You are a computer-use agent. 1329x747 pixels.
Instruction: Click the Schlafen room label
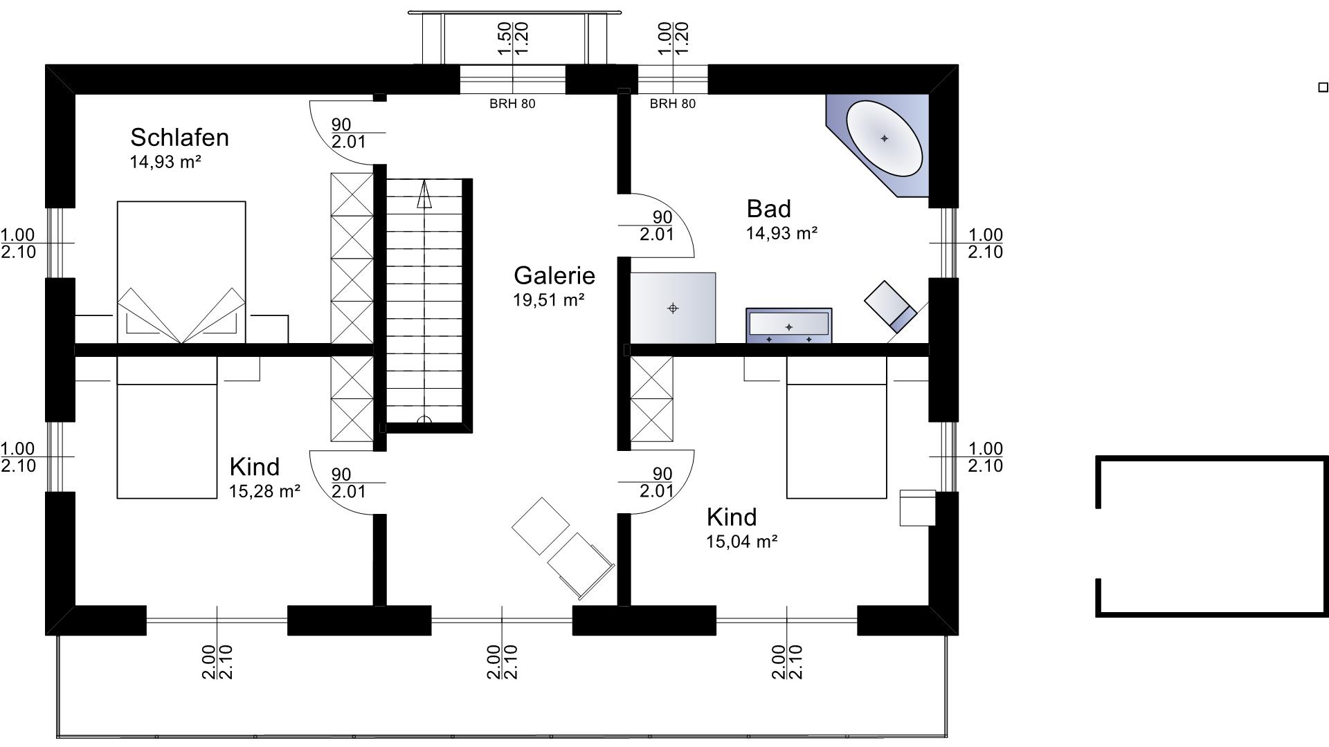[x=179, y=137]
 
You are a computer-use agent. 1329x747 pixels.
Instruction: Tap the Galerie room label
[x=554, y=275]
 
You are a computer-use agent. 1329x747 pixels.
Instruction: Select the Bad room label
[x=768, y=208]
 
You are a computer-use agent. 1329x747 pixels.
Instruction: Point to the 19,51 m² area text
[x=549, y=299]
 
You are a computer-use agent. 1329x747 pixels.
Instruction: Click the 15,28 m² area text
[x=264, y=491]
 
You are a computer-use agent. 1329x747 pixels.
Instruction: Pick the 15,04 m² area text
[x=741, y=541]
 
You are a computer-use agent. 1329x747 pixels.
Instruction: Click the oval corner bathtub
[x=885, y=138]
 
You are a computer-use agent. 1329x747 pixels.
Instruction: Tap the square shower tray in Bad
[x=673, y=308]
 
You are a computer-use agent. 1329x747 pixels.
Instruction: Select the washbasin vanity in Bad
[x=788, y=325]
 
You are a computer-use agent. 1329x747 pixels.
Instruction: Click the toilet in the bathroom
[x=891, y=305]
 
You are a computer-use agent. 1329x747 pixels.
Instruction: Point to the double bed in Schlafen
[x=181, y=272]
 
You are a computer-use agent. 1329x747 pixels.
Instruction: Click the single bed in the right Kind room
[x=837, y=427]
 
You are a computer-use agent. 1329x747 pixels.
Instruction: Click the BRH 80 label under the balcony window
[x=512, y=104]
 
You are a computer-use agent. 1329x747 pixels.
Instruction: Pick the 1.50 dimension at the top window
[x=504, y=39]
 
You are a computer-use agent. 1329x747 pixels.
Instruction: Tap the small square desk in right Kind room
[x=918, y=508]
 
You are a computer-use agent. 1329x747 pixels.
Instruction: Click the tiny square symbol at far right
[x=1323, y=87]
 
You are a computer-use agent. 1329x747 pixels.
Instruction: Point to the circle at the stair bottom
[x=424, y=420]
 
